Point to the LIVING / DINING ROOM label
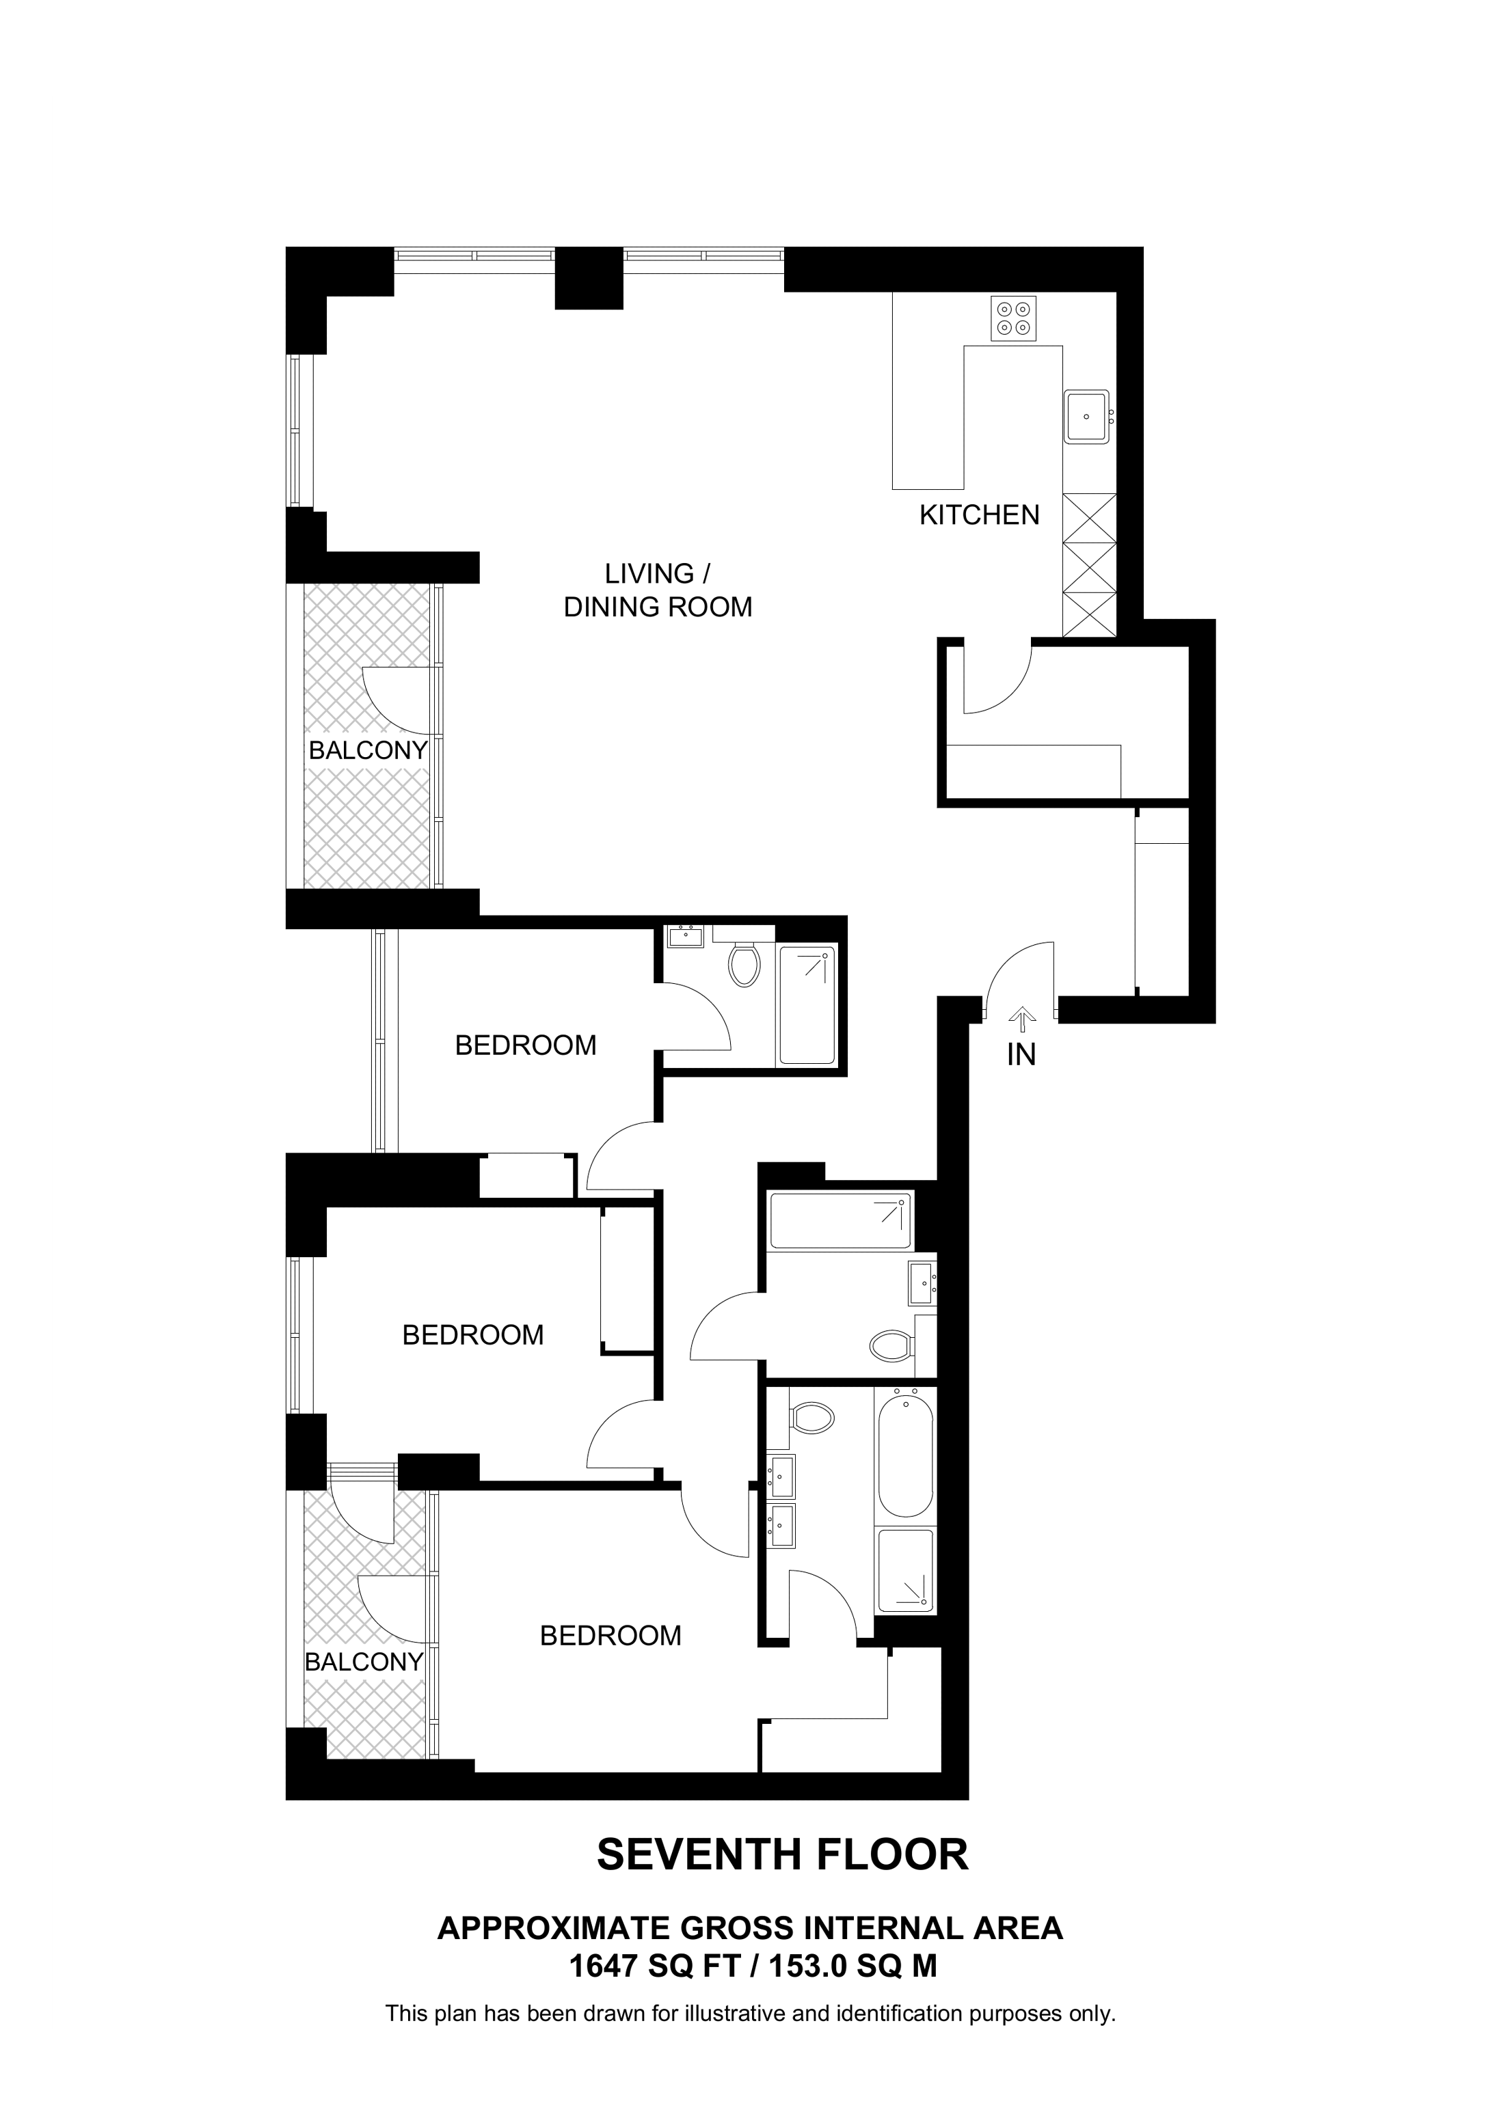(657, 590)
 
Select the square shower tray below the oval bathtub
(905, 1570)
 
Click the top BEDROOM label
(526, 1046)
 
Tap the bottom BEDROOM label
(610, 1636)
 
